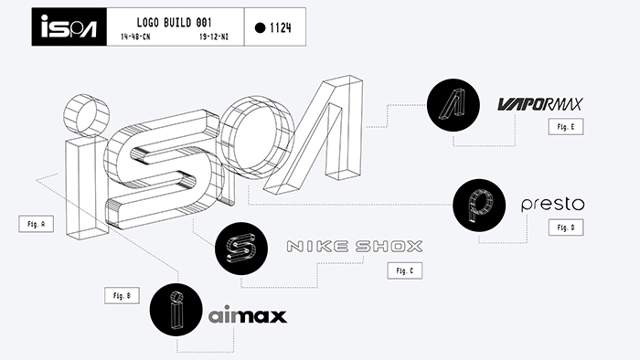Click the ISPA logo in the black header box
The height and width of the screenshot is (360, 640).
pos(69,26)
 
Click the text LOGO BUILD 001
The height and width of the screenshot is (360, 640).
pos(175,23)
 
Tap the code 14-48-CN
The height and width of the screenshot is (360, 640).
pos(135,37)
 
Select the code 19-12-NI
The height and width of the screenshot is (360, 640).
pos(214,37)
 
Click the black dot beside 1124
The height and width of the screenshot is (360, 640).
pos(260,27)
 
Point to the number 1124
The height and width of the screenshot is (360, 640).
pos(281,27)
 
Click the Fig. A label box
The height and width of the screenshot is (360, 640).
pos(37,224)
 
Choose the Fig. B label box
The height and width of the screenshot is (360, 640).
pos(122,295)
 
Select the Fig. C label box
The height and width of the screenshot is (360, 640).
pos(405,270)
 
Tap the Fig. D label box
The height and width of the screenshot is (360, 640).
pos(566,228)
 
